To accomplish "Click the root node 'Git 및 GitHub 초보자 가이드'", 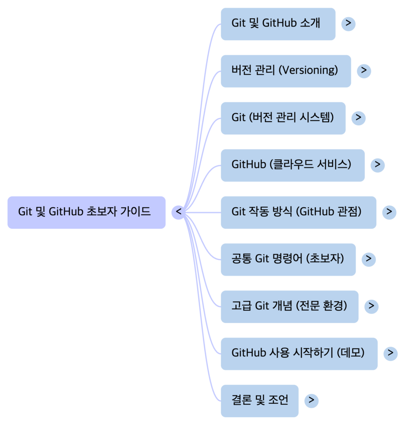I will tap(86, 212).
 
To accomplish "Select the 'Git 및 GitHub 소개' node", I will tap(278, 24).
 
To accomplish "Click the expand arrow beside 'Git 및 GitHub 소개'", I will tap(348, 24).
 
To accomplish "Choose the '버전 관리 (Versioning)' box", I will tap(285, 71).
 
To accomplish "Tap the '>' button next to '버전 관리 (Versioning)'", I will tap(364, 71).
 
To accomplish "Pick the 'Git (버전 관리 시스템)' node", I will tap(283, 118).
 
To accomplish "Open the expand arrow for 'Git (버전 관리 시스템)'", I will tap(359, 118).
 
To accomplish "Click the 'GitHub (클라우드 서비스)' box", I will tap(293, 165).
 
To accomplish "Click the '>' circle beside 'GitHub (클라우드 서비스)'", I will tap(378, 165).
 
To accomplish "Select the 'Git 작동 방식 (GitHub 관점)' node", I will tap(298, 212).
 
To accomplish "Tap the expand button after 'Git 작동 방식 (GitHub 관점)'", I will tap(389, 212).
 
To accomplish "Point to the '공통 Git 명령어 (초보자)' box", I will tap(288, 259).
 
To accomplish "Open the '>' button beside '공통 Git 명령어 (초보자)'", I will tap(368, 259).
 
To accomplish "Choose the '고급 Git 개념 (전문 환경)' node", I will tap(289, 306).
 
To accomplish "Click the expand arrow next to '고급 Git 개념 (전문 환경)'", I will tap(371, 306).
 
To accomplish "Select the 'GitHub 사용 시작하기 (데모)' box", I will tap(299, 354).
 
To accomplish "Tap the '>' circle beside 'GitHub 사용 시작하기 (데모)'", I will tap(390, 353).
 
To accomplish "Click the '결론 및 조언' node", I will tap(259, 401).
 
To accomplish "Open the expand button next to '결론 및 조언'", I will tap(312, 401).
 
